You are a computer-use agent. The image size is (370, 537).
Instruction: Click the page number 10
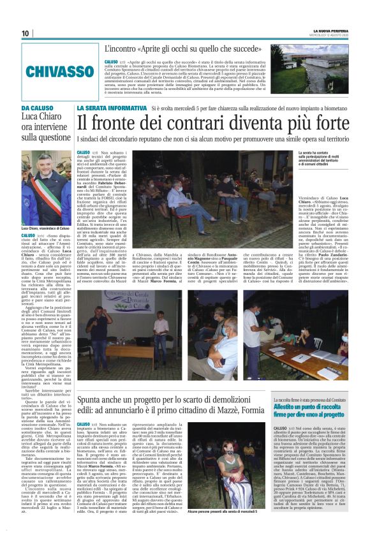[x=26, y=34]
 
